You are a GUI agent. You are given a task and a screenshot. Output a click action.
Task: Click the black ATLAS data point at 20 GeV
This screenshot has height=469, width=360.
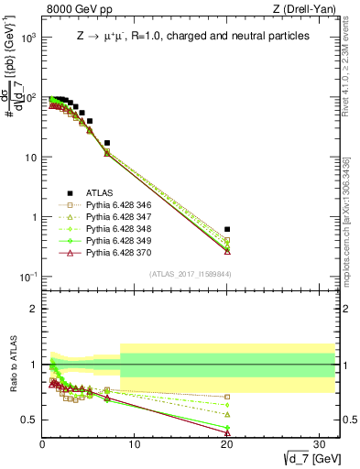pyautogui.click(x=227, y=229)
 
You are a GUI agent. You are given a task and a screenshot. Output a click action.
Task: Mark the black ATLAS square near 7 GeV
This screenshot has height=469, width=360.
pyautogui.click(x=107, y=143)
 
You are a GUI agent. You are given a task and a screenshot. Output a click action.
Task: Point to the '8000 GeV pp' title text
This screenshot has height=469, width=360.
pyautogui.click(x=74, y=9)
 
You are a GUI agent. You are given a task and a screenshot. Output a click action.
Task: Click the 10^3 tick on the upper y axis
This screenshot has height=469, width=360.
pyautogui.click(x=27, y=38)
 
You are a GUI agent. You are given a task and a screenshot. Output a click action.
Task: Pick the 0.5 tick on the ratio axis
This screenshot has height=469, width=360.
pyautogui.click(x=28, y=420)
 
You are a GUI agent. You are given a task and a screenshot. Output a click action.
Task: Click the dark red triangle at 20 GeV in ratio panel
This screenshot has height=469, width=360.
pyautogui.click(x=227, y=435)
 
